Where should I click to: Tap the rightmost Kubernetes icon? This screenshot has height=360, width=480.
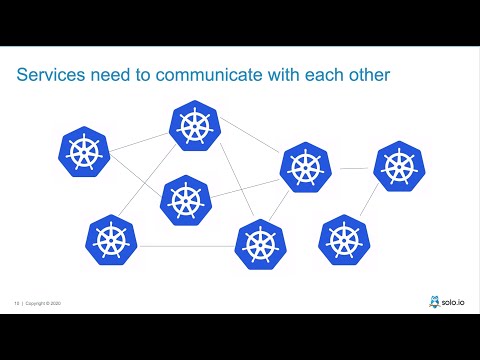coord(398,166)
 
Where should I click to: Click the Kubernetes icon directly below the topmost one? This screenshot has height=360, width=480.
coord(183,199)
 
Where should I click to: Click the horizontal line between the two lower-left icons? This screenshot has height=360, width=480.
coord(184,245)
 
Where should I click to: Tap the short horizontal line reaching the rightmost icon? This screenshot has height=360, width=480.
coord(352,168)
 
